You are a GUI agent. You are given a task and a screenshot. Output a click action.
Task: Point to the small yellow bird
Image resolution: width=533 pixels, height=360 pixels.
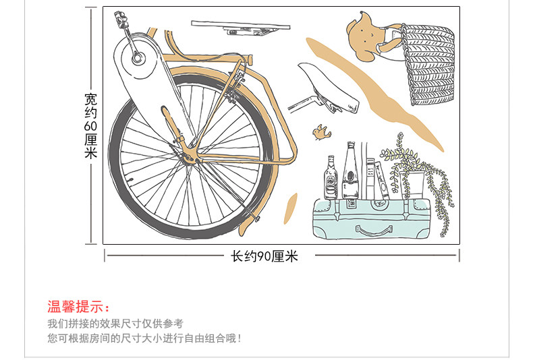pos(318,133)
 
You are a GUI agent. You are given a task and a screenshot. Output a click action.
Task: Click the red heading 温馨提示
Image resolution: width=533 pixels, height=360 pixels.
pos(78,307)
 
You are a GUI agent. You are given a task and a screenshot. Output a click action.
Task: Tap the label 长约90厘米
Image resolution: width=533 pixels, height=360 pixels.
pos(264,256)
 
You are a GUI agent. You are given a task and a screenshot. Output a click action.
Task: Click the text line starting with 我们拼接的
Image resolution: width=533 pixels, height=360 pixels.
pos(115,324)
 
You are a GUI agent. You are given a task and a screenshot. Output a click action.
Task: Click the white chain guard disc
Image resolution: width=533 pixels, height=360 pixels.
pos(138,58)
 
